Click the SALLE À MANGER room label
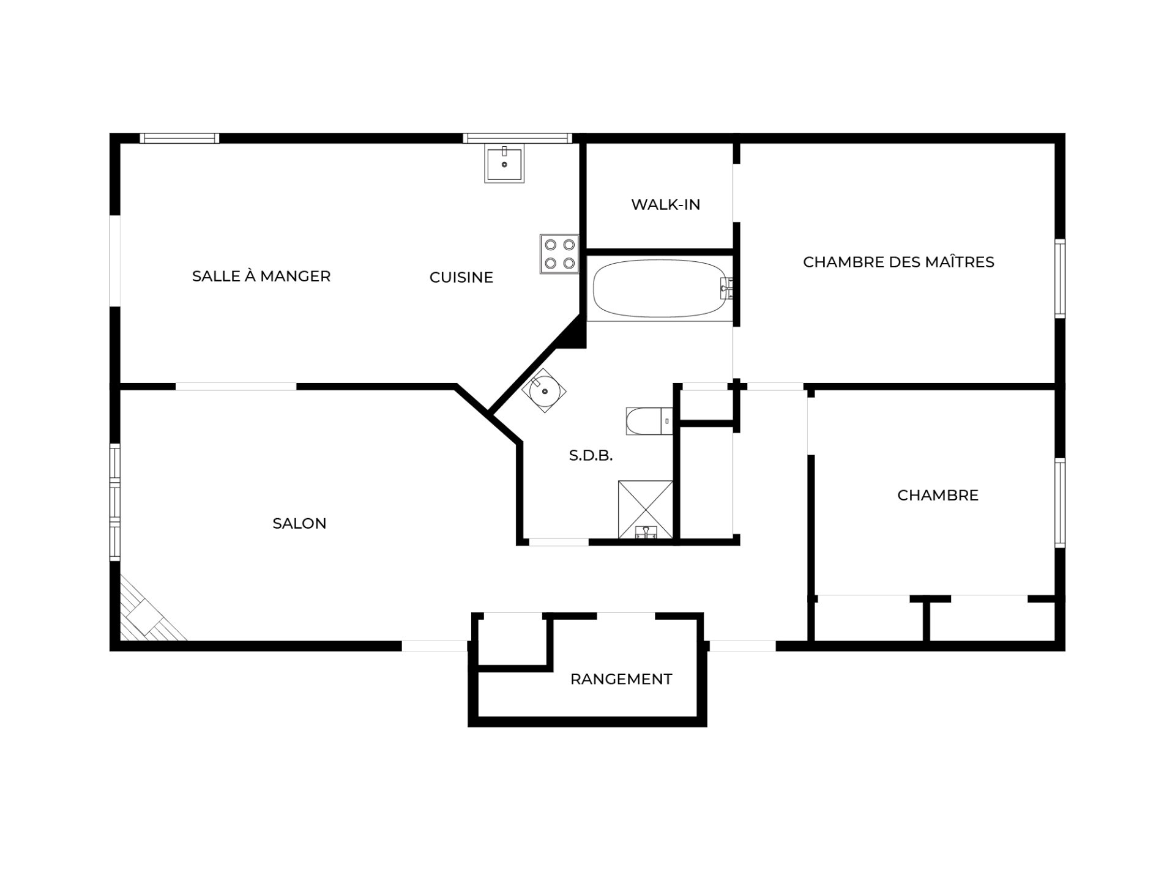click(261, 276)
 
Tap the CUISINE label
click(461, 277)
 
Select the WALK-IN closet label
click(666, 204)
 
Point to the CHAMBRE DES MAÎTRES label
click(898, 262)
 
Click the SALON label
click(299, 523)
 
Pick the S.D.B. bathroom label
click(591, 456)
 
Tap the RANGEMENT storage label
click(621, 679)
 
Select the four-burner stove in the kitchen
click(559, 254)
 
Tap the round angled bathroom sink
click(543, 390)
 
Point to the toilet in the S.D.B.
click(649, 421)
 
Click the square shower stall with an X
click(646, 510)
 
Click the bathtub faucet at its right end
click(726, 288)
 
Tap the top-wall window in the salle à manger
click(179, 138)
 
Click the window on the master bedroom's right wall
click(1060, 278)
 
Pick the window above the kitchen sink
click(517, 138)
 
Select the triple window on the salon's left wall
click(115, 502)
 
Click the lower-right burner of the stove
click(569, 263)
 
